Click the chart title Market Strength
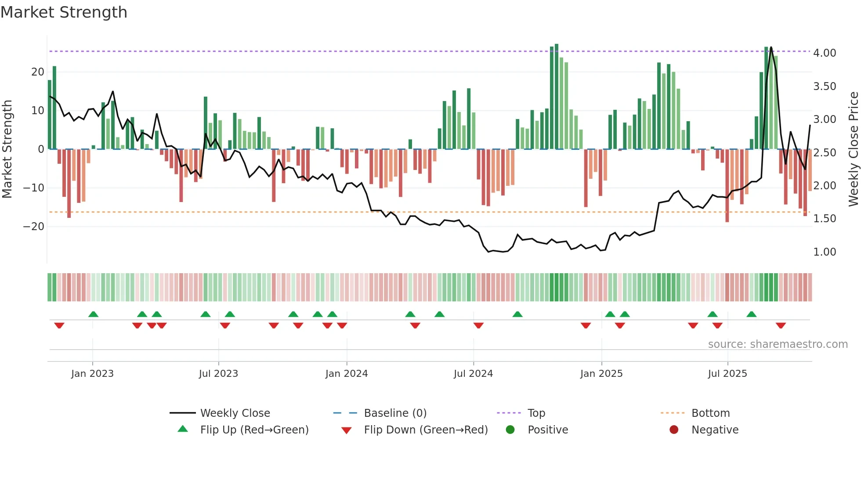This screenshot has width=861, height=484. [x=64, y=12]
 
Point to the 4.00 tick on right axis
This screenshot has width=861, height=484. [x=825, y=53]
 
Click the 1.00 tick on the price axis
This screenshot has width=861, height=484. [x=825, y=252]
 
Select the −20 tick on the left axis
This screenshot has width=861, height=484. [x=34, y=227]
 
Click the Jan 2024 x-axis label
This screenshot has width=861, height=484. [x=347, y=374]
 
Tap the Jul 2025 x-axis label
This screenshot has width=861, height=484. [x=727, y=374]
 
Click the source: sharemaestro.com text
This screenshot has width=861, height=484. [x=778, y=344]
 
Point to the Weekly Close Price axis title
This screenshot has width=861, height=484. [x=853, y=149]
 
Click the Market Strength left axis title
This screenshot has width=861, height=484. [x=7, y=149]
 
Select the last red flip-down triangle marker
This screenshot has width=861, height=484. [x=781, y=325]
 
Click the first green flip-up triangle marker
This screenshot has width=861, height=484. [x=93, y=314]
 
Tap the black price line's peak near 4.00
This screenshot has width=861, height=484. [x=771, y=47]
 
